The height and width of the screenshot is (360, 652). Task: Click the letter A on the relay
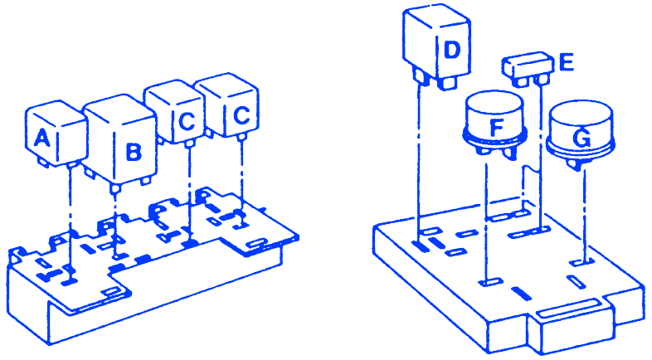[42, 138]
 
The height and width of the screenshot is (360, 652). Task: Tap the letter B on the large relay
[134, 152]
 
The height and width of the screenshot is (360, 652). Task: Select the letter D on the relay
[452, 50]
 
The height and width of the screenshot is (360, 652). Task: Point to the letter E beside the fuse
[567, 62]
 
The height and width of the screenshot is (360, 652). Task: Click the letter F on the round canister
[497, 127]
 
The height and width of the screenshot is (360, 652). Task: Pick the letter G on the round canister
[581, 139]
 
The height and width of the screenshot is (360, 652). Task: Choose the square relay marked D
[436, 45]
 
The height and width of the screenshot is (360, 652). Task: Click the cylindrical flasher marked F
[495, 124]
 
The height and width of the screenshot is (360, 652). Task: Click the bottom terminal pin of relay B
[115, 188]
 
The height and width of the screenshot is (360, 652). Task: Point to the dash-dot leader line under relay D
[419, 163]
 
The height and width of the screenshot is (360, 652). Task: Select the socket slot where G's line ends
[581, 262]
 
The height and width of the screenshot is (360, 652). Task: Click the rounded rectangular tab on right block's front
[567, 308]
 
